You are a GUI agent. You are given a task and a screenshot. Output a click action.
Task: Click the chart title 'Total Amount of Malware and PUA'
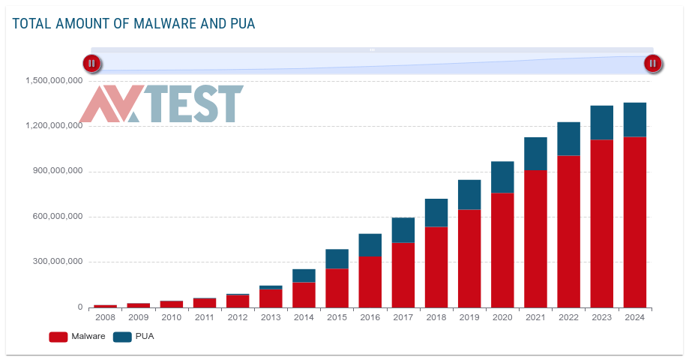pyautogui.click(x=133, y=24)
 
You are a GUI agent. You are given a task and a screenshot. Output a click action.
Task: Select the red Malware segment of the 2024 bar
pyautogui.click(x=634, y=222)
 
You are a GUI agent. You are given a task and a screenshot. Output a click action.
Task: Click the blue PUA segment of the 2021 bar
pyautogui.click(x=535, y=154)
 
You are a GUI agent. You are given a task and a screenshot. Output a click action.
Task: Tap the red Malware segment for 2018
pyautogui.click(x=436, y=267)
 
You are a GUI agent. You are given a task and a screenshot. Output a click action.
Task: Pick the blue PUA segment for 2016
pyautogui.click(x=370, y=244)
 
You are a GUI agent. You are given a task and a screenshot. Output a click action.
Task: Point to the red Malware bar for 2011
pyautogui.click(x=204, y=303)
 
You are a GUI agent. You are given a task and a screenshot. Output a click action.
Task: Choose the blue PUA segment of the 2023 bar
pyautogui.click(x=601, y=122)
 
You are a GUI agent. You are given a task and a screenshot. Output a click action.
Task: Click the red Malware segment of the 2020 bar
pyautogui.click(x=502, y=250)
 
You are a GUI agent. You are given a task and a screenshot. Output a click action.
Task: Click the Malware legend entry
pyautogui.click(x=77, y=337)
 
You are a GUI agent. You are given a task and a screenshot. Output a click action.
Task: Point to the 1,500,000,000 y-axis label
pyautogui.click(x=53, y=81)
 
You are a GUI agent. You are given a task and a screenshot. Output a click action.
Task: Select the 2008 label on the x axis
pyautogui.click(x=105, y=317)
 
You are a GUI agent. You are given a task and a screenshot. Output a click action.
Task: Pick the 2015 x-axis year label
pyautogui.click(x=337, y=317)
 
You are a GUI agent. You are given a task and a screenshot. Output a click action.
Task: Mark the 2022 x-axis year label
pyautogui.click(x=568, y=317)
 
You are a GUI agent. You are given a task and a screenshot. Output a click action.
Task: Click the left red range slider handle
pyautogui.click(x=91, y=64)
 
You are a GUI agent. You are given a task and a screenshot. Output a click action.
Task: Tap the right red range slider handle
pyautogui.click(x=653, y=64)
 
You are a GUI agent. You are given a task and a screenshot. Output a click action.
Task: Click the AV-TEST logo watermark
pyautogui.click(x=161, y=104)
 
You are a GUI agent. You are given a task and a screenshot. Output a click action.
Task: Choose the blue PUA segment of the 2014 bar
pyautogui.click(x=304, y=275)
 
